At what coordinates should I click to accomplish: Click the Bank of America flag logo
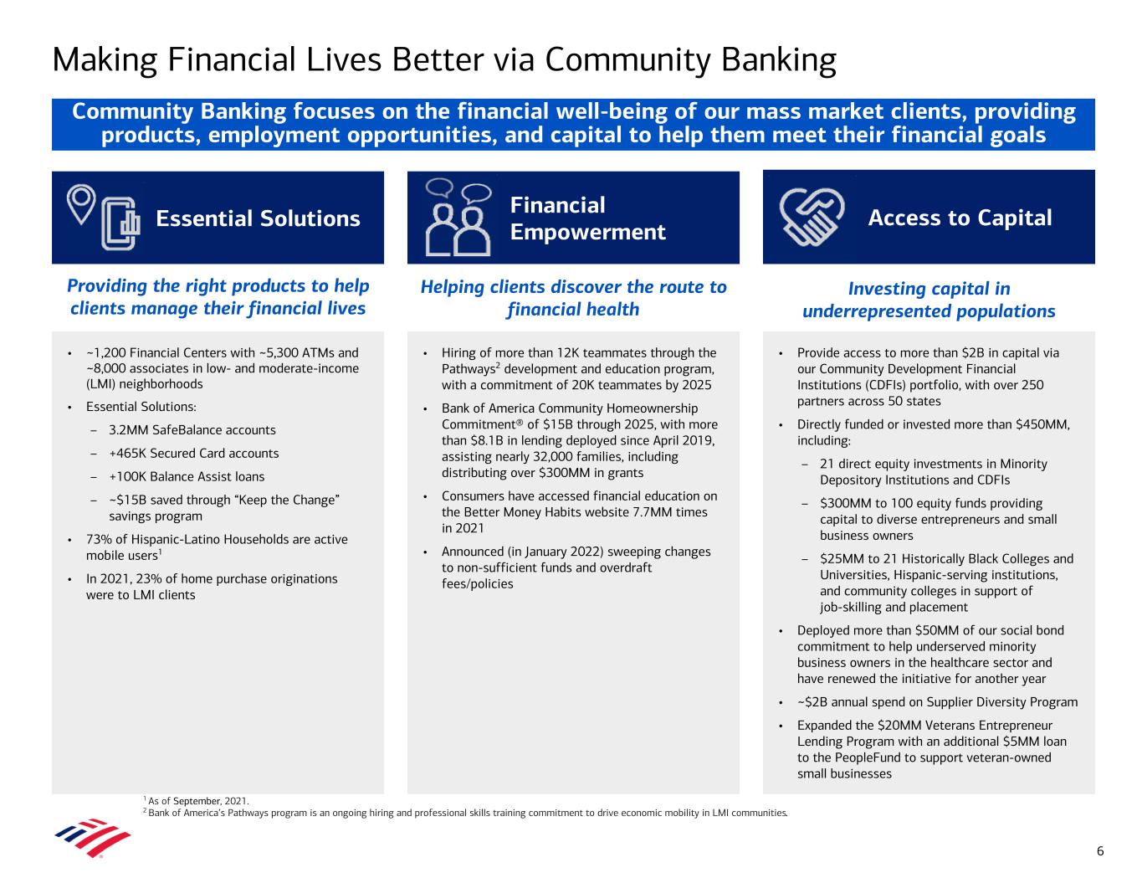click(x=93, y=837)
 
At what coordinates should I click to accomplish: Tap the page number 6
click(x=1100, y=851)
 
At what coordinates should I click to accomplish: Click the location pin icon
click(x=81, y=204)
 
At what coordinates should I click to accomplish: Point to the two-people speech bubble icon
click(x=458, y=217)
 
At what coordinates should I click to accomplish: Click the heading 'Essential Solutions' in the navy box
click(x=258, y=218)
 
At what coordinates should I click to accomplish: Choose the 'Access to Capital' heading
click(x=960, y=218)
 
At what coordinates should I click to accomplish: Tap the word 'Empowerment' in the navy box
click(x=587, y=232)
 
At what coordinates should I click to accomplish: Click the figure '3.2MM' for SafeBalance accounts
click(x=129, y=430)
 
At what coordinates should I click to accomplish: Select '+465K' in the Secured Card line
click(x=128, y=453)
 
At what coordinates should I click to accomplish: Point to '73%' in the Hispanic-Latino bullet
click(x=98, y=539)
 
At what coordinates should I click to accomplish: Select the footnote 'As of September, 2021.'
click(x=198, y=801)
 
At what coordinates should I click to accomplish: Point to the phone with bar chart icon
click(x=120, y=223)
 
